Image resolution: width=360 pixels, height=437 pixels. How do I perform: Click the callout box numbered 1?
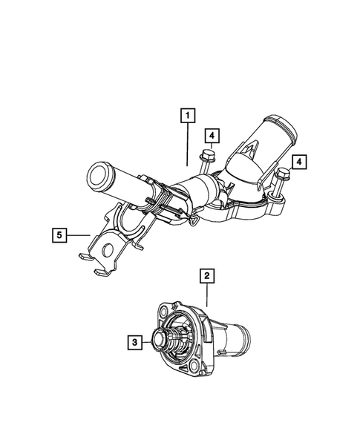point(189,115)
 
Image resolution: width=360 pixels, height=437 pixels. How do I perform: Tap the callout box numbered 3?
point(134,342)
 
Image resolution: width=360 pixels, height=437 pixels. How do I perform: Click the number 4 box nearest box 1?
point(213,135)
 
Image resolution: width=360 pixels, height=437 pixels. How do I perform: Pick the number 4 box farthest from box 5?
point(299,161)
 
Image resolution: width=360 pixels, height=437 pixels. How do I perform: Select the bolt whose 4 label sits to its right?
point(280,176)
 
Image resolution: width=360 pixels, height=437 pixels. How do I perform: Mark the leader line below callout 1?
point(188,145)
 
